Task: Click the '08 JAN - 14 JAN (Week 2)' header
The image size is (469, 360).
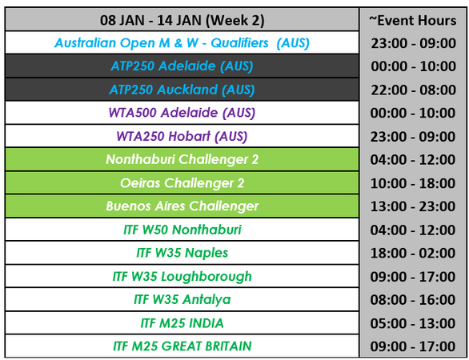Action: coord(182,20)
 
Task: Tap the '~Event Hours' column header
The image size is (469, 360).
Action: coord(413,20)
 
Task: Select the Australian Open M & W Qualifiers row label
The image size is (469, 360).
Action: coord(182,43)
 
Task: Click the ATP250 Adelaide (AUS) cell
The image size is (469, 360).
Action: coord(182,66)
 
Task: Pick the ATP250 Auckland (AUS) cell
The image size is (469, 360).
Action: coord(182,90)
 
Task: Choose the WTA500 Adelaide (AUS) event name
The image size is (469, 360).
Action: coord(182,113)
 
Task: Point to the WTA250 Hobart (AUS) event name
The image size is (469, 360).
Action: coord(182,136)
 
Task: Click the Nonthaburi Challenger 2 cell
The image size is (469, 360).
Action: coord(182,159)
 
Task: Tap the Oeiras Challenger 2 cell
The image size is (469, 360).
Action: coord(182,183)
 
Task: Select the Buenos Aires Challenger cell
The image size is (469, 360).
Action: coord(182,206)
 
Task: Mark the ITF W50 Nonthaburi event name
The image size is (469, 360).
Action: coord(182,230)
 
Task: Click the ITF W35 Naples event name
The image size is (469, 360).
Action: coord(182,253)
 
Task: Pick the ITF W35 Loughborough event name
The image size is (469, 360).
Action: coord(182,276)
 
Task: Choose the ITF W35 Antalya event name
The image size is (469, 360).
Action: coord(182,300)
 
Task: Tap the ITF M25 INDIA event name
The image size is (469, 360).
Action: coord(182,323)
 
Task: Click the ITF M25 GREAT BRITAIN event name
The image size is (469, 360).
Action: coord(182,346)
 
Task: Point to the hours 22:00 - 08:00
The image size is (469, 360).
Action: coord(413,90)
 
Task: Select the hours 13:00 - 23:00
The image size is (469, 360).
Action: coord(413,206)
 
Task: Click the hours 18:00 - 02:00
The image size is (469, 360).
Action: coord(413,254)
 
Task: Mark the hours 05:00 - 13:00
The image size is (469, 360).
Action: coord(413,323)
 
